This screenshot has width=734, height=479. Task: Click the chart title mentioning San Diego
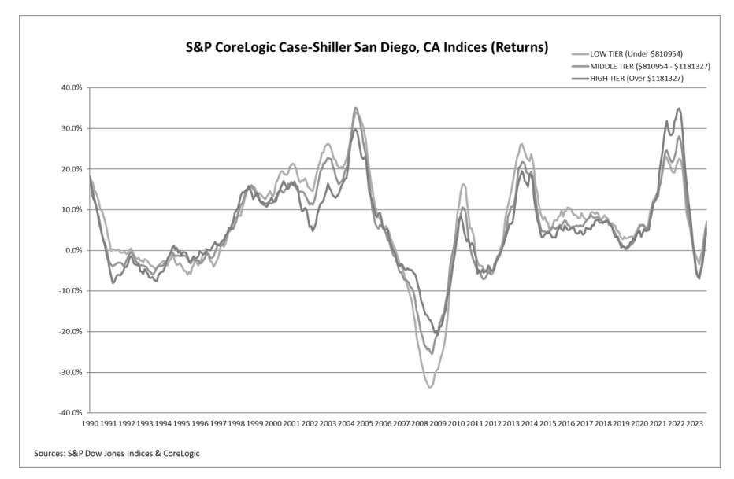(365, 48)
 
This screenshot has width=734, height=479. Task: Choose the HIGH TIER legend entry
(645, 79)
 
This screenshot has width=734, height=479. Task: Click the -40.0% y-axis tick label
(70, 413)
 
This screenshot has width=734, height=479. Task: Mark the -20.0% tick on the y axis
(70, 332)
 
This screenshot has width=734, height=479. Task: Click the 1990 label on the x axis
(91, 423)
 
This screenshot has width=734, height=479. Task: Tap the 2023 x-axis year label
(695, 423)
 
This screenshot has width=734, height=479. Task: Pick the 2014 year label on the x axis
(530, 423)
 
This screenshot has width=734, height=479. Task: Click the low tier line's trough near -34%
(430, 387)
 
